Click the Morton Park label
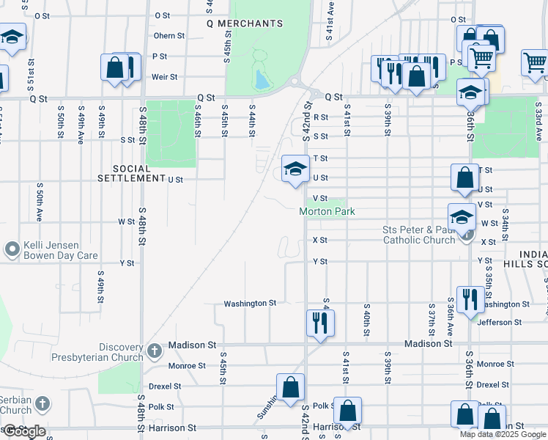coord(327,212)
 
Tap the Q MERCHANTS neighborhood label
coord(245,23)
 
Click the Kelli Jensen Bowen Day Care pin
coord(12,250)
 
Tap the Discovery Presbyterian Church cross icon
coord(154,351)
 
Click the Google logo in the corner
coord(23,431)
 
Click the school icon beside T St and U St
coord(295,169)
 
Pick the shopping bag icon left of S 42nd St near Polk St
coord(290,386)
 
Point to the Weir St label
coord(165,77)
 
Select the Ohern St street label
coord(169,36)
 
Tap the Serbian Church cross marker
coord(42,403)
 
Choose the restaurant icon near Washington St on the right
coord(470,298)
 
